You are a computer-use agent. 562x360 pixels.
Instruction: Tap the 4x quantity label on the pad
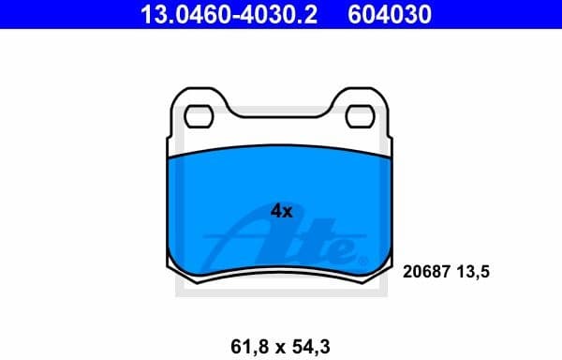281,212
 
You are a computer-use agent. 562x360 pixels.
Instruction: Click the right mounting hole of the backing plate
362,116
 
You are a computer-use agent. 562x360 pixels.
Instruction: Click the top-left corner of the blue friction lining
169,157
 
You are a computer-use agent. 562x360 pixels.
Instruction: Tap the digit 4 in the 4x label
276,212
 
